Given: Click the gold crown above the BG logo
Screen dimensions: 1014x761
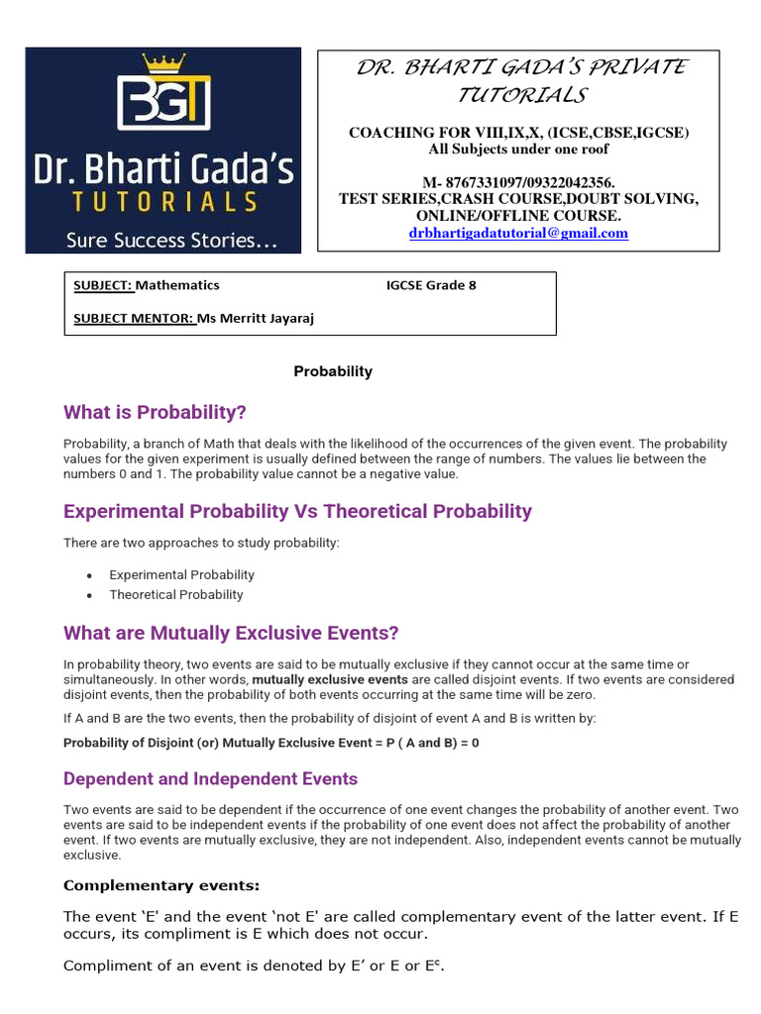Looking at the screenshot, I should click(x=163, y=63).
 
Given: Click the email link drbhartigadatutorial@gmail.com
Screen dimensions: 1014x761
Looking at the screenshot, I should click(x=518, y=233).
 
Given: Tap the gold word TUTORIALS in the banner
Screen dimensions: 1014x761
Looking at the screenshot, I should click(x=163, y=203).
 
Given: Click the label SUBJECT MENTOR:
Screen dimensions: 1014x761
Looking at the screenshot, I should click(x=134, y=318).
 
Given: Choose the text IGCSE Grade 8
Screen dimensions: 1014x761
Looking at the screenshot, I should click(x=431, y=285).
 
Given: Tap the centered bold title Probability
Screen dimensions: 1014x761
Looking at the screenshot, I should click(x=333, y=371).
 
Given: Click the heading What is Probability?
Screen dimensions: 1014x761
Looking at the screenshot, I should click(x=155, y=412).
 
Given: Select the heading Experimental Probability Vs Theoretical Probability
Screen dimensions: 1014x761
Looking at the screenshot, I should click(x=297, y=511).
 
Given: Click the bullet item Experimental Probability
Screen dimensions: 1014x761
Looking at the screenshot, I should click(x=181, y=574).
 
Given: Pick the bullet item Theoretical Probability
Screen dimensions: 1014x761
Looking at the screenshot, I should click(x=175, y=594).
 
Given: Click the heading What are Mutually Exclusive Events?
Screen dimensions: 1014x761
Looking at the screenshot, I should click(x=231, y=633).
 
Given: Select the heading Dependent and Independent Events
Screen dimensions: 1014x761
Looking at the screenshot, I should click(x=210, y=778).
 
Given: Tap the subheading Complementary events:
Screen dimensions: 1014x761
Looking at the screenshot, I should click(x=162, y=885).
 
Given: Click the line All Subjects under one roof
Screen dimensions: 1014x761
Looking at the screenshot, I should click(x=518, y=149).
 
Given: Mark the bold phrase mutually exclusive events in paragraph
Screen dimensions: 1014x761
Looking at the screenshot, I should click(x=330, y=680).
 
